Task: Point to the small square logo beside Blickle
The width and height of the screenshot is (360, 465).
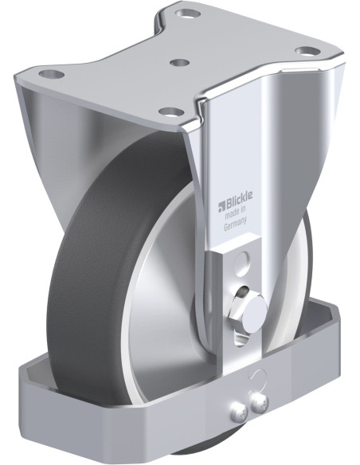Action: click(221, 207)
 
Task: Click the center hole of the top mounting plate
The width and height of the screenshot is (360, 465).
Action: click(180, 63)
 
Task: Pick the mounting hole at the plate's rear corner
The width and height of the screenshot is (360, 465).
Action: click(187, 14)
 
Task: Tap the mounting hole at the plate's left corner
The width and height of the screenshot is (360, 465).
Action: click(52, 73)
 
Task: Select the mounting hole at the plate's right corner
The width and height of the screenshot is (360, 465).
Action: click(307, 51)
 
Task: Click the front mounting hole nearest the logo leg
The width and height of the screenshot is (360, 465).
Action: click(170, 111)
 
